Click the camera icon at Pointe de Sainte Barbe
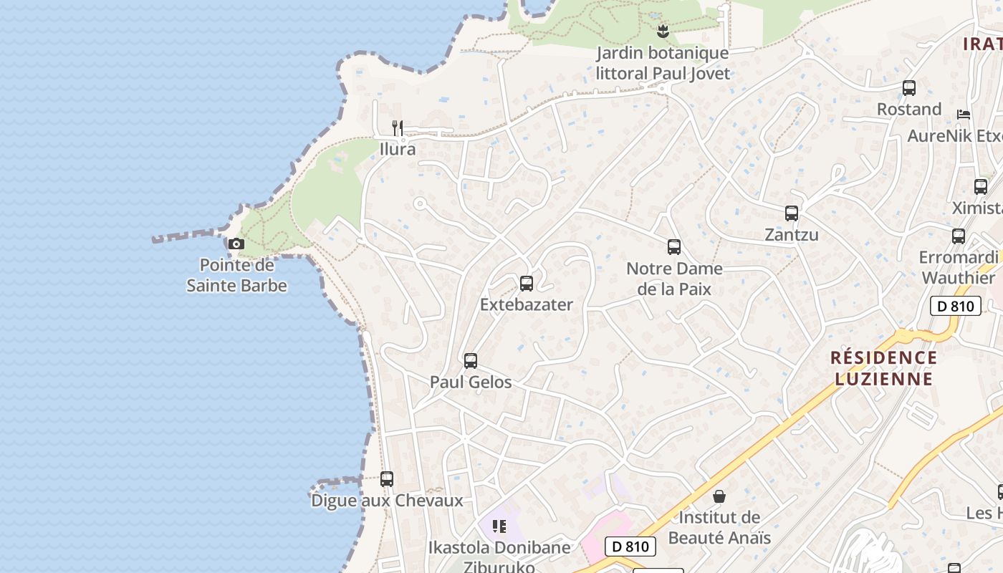(236, 244)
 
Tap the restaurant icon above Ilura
(398, 128)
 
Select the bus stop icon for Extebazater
(527, 284)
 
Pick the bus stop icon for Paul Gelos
(471, 361)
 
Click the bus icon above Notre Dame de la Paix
(674, 247)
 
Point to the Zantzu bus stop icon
(792, 213)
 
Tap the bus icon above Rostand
(909, 88)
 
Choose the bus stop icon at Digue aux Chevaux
(387, 478)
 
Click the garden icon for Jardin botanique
(663, 32)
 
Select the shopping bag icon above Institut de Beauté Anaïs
(719, 496)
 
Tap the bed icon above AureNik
(964, 115)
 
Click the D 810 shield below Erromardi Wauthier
(955, 307)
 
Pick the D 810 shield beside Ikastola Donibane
(630, 546)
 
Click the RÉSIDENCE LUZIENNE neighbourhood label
(883, 368)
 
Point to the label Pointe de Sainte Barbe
(237, 276)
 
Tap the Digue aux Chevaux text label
(387, 501)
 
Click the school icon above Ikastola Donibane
(499, 527)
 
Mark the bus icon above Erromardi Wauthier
(959, 236)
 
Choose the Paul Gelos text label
(471, 382)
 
